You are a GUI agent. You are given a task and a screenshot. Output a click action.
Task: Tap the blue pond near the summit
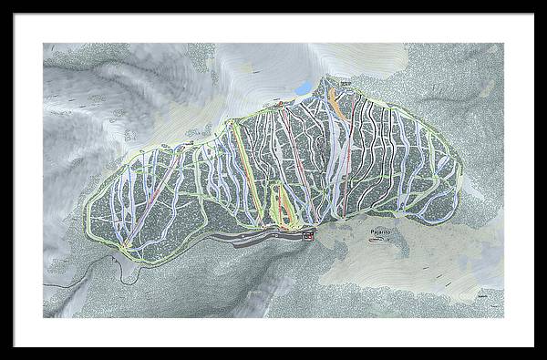[302, 87]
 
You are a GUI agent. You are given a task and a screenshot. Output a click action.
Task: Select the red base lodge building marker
[308, 237]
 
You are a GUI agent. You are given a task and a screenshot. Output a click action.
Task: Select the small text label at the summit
[346, 83]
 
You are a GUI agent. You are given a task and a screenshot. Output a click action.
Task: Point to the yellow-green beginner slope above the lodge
[285, 205]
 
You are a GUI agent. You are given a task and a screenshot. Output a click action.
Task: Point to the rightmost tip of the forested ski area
[462, 173]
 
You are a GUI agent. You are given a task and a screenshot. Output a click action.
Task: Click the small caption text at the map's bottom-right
[481, 297]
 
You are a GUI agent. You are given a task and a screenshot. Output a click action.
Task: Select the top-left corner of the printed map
[43, 43]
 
